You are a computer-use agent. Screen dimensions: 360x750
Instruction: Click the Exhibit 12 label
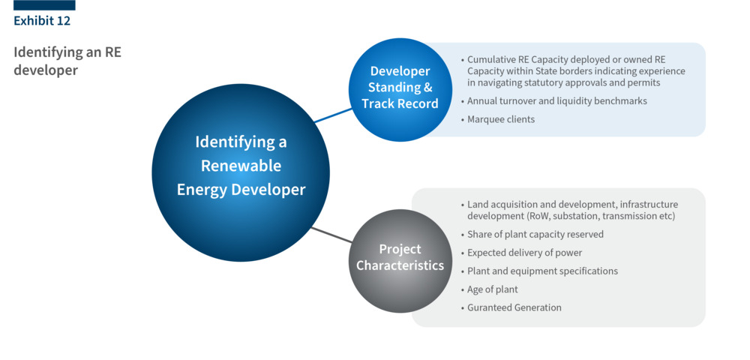(42, 21)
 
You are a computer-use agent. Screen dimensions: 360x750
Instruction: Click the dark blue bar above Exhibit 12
(44, 5)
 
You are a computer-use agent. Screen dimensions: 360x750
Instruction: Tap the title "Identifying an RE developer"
(67, 61)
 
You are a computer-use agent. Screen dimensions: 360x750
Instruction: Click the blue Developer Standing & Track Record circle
(400, 88)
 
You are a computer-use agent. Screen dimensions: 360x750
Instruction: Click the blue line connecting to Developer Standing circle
(332, 115)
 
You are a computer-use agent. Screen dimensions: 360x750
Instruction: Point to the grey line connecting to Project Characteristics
(331, 234)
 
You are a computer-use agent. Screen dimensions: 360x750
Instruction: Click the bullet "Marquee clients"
(500, 119)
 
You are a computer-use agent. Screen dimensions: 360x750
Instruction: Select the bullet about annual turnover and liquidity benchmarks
(556, 100)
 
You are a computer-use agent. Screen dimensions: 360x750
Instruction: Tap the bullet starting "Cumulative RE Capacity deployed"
(575, 71)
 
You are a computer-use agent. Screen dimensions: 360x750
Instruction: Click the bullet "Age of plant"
(492, 289)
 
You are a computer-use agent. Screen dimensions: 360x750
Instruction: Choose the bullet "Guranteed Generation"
(514, 307)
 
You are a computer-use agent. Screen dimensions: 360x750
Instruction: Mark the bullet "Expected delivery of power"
(524, 253)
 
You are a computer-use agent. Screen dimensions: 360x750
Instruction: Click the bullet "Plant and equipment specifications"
(542, 271)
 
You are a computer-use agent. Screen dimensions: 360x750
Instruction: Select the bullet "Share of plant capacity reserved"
(535, 234)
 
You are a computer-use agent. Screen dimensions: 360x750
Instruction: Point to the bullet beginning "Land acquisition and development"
(571, 210)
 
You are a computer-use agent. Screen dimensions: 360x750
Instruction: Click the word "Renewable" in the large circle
(241, 166)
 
